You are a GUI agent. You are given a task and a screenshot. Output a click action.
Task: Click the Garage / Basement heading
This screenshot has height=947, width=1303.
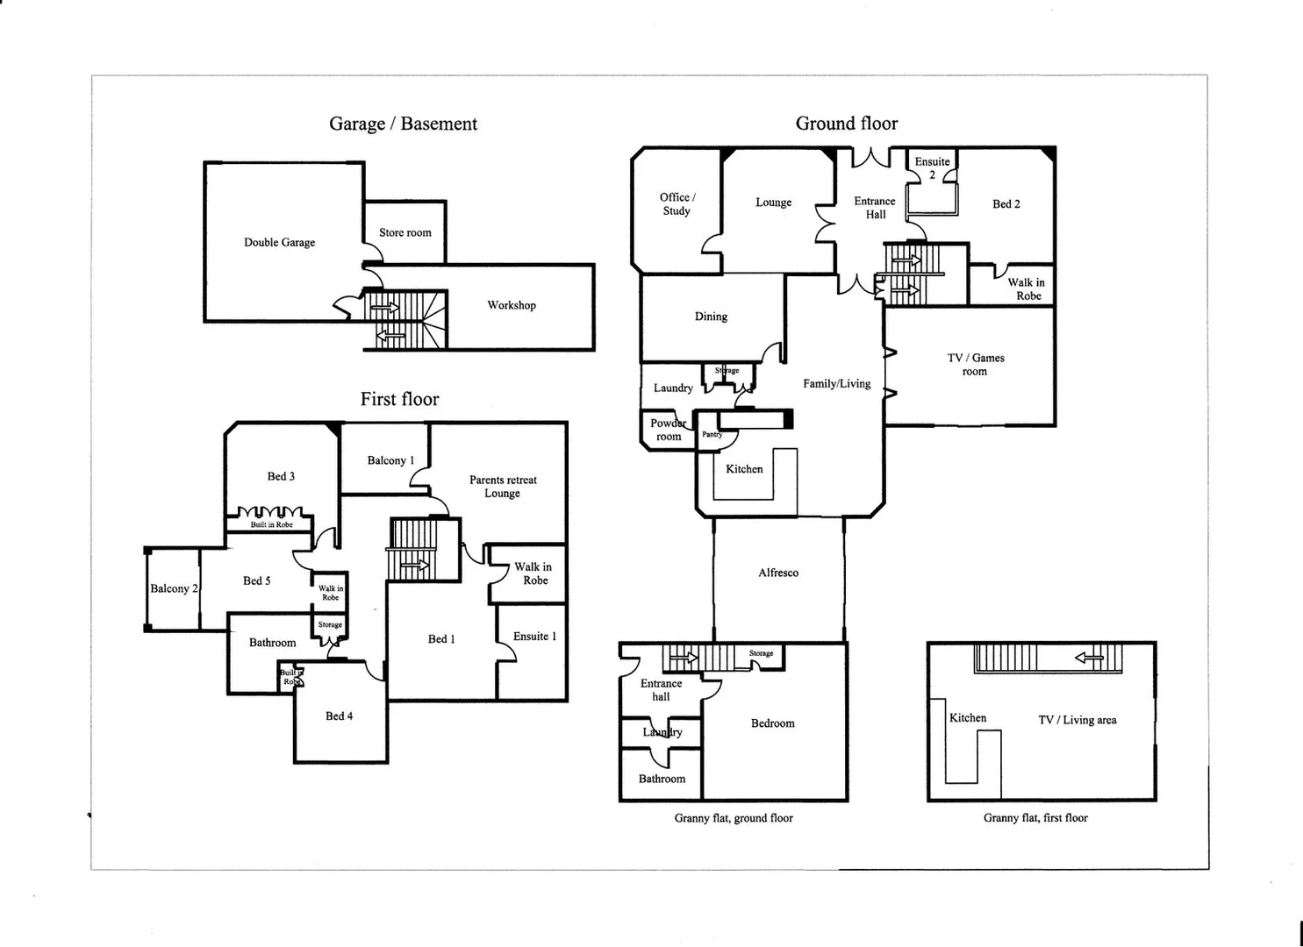coord(403,124)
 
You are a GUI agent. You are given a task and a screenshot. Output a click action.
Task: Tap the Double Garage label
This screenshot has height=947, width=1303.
coord(279,243)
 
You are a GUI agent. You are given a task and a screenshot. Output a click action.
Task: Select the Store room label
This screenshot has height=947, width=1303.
coord(405,233)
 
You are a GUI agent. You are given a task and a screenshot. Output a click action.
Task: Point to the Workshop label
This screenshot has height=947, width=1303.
coord(512,305)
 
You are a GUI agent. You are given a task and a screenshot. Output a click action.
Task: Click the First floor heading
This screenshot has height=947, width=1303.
coord(399,399)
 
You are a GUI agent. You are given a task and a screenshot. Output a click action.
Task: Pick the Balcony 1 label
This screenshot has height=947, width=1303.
coord(390,460)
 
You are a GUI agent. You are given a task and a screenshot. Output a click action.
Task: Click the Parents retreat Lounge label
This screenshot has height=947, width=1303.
coord(503,487)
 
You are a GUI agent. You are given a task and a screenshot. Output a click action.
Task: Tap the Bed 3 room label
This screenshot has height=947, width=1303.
coord(281,476)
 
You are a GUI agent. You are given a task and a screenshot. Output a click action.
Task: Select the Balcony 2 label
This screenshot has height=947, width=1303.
coord(174,588)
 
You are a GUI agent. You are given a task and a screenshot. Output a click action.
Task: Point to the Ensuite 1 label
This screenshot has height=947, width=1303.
coord(534,637)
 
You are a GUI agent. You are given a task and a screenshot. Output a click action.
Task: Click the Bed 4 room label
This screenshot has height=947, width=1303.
coord(339,716)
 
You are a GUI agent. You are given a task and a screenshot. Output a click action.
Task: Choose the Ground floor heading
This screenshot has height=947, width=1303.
coord(847,124)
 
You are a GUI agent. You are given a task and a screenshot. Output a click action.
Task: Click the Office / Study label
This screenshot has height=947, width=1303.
coord(677,204)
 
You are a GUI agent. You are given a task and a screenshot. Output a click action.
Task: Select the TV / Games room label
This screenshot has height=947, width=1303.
coord(976,365)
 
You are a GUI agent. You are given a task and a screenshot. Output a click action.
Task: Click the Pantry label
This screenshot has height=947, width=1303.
coord(712,434)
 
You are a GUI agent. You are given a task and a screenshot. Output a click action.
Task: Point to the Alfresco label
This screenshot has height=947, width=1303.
coord(778,573)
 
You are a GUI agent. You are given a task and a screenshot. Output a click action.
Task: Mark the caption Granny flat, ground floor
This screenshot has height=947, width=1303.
coord(734,818)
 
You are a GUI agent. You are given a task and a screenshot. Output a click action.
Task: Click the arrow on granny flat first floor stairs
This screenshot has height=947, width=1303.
coord(1089,657)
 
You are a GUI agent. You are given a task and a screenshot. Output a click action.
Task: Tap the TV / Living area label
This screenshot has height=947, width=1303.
coord(1077,720)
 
